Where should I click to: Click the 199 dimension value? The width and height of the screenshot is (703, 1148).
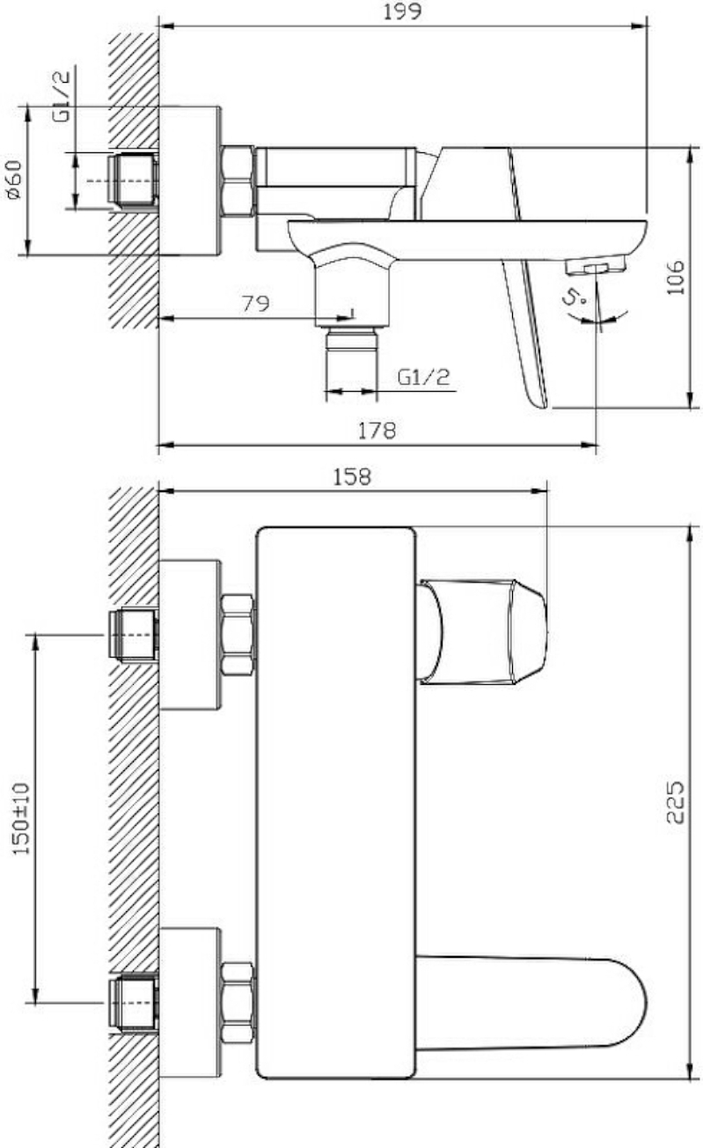click(402, 11)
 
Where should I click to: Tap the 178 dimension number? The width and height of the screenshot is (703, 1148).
click(377, 430)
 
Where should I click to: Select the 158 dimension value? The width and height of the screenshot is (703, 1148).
click(352, 477)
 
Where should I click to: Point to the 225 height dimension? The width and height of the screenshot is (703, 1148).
click(675, 801)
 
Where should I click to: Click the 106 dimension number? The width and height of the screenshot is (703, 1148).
click(676, 277)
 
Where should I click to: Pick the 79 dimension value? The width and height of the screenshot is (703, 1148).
click(255, 304)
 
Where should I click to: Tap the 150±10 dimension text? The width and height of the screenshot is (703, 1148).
click(21, 819)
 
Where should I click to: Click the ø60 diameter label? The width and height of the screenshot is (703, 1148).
click(14, 180)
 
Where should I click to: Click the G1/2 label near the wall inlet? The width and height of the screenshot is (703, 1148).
click(61, 96)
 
